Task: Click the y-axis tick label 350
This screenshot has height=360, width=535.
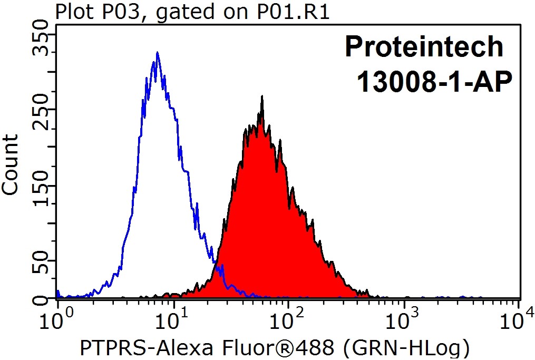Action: click(40, 43)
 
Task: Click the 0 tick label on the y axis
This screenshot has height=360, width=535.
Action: click(40, 299)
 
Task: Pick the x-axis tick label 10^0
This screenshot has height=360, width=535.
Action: click(55, 318)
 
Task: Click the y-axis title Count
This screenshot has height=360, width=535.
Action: click(11, 165)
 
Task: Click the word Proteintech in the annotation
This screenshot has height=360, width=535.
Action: click(424, 47)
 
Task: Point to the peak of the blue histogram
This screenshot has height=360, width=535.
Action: click(157, 53)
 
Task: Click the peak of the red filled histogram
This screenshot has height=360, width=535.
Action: click(262, 97)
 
